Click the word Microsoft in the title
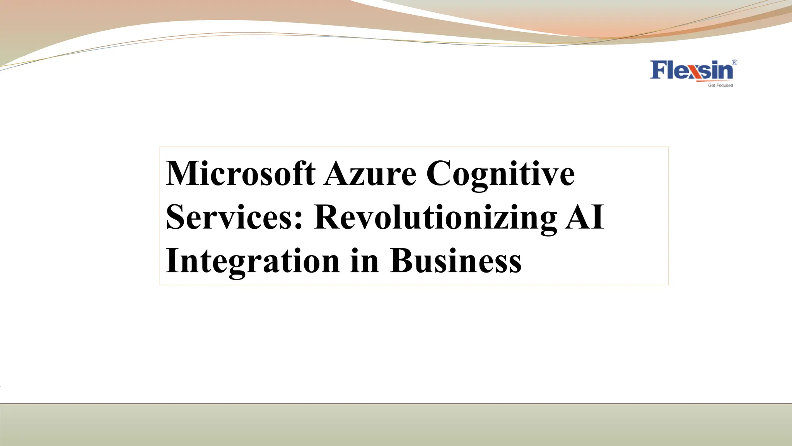pyautogui.click(x=240, y=173)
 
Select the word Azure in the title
pyautogui.click(x=370, y=173)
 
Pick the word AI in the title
pyautogui.click(x=584, y=217)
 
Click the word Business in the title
pyautogui.click(x=456, y=261)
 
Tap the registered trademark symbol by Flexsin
pyautogui.click(x=734, y=62)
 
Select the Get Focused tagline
pyautogui.click(x=720, y=85)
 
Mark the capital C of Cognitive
pyautogui.click(x=440, y=173)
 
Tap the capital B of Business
pyautogui.click(x=402, y=261)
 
